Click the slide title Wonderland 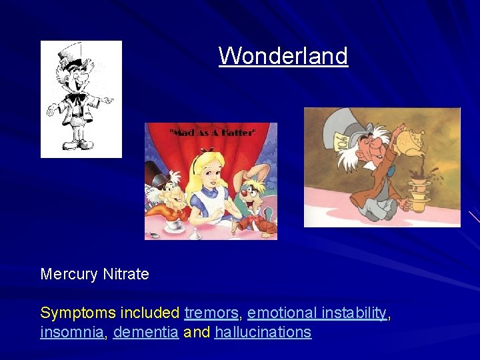click(x=283, y=55)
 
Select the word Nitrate click(x=127, y=274)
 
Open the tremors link click(x=211, y=313)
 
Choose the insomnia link click(x=72, y=332)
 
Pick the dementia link click(x=145, y=332)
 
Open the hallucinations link click(x=263, y=332)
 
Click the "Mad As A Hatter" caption click(x=211, y=133)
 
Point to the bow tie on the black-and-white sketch click(x=76, y=97)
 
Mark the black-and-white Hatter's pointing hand click(x=106, y=101)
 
